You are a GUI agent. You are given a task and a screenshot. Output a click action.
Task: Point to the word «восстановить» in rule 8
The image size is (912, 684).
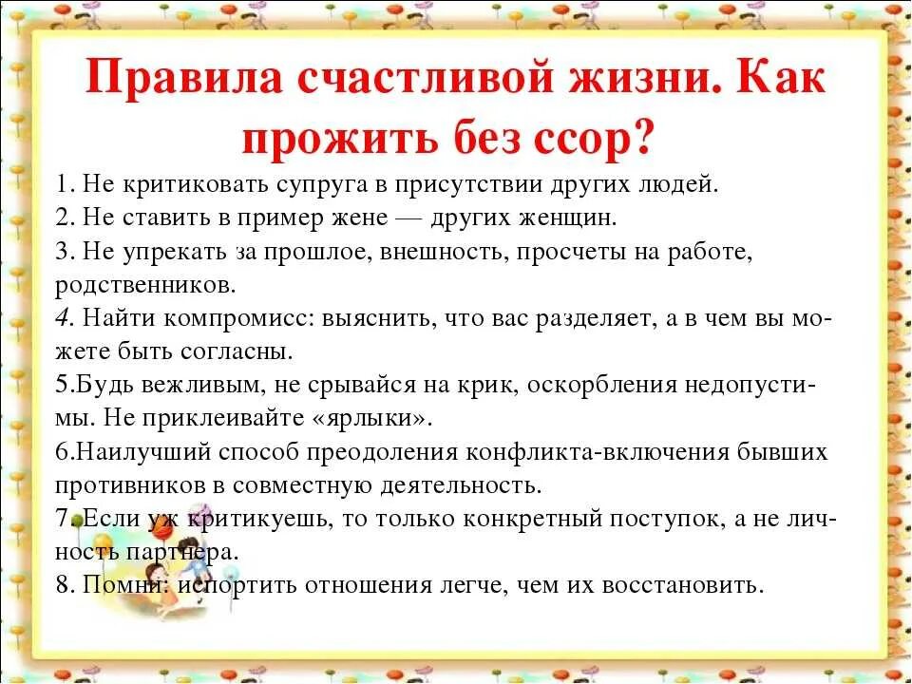pos(693,585)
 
